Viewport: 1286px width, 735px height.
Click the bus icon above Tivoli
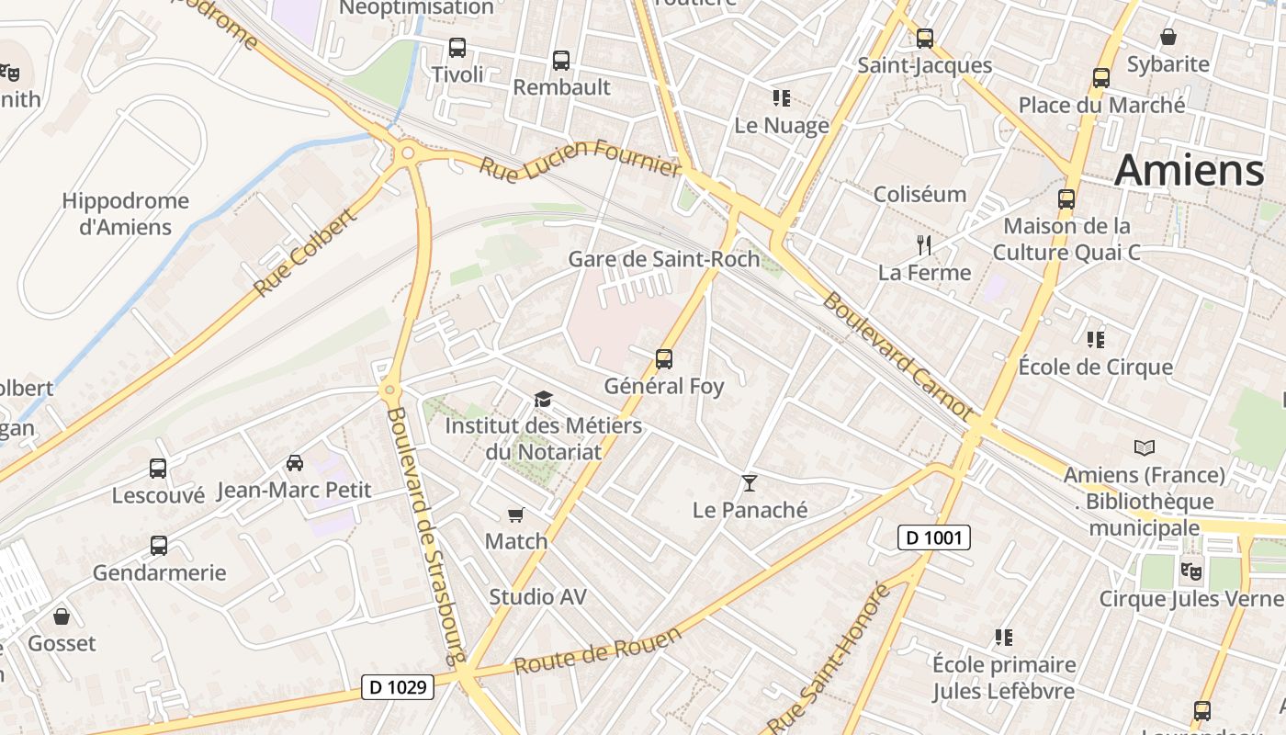[x=457, y=48]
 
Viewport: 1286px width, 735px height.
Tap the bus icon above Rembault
[x=561, y=61]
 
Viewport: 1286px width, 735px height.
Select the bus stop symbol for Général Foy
[x=664, y=359]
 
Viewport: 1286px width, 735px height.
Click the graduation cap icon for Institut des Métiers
[x=544, y=400]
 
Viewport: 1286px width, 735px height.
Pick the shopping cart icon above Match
[x=516, y=515]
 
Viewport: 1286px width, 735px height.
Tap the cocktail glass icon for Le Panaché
[x=750, y=483]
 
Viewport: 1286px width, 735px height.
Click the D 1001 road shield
[x=933, y=537]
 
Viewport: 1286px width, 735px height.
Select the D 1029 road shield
[x=398, y=686]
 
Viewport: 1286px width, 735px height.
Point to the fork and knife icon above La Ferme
[x=924, y=245]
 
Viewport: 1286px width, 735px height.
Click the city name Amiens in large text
[x=1190, y=171]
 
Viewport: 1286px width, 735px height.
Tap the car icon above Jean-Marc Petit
[x=295, y=463]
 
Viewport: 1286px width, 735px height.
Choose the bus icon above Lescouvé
[x=158, y=469]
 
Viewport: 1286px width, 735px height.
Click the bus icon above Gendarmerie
[x=159, y=546]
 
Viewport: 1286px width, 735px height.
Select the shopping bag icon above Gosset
[x=62, y=616]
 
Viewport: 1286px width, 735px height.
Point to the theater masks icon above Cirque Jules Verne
[x=1191, y=571]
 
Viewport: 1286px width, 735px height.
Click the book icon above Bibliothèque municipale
[x=1145, y=448]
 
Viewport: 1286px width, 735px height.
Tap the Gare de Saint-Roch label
[x=664, y=259]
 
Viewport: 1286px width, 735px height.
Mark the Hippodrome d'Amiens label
[x=126, y=213]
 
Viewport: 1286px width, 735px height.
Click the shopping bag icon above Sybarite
[x=1168, y=37]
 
